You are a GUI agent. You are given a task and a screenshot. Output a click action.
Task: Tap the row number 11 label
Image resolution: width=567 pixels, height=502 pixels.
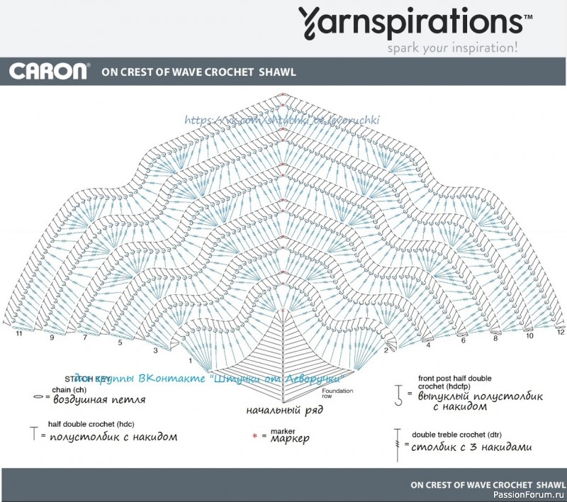19,333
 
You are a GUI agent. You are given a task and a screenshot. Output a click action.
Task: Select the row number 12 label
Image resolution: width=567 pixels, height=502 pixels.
560,332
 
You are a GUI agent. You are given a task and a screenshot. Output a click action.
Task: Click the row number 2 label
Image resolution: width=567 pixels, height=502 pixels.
386,350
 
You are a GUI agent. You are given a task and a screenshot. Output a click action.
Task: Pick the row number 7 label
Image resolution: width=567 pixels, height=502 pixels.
85,338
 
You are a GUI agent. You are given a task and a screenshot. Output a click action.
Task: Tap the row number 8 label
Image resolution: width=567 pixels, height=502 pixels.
495,338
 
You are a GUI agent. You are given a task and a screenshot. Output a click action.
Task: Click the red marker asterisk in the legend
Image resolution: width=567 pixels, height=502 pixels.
254,435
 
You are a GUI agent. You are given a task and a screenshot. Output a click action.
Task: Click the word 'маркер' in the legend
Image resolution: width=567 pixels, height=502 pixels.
290,438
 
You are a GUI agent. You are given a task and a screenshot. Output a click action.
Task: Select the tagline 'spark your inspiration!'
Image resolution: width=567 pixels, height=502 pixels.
452,49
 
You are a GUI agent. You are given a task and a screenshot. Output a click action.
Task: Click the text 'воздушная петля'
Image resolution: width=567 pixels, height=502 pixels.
99,399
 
